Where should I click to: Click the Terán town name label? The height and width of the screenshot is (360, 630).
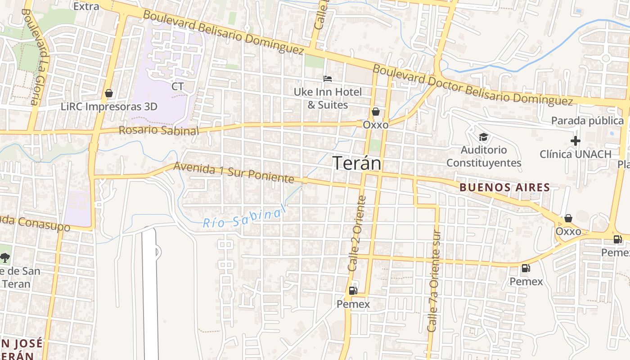tap(357, 163)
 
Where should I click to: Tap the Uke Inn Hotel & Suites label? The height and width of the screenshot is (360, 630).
tap(328, 99)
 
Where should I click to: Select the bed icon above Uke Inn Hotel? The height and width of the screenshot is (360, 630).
tap(328, 79)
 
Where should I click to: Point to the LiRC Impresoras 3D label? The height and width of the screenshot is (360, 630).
tap(109, 107)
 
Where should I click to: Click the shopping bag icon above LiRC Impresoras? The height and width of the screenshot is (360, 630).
tap(108, 93)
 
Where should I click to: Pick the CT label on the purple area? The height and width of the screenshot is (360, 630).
tap(178, 86)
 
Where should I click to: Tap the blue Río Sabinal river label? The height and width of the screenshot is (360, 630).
tap(244, 217)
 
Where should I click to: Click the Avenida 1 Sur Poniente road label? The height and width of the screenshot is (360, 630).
tap(234, 172)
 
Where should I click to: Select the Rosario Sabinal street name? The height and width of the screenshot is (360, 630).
tap(158, 130)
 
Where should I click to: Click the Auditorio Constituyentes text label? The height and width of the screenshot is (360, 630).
tap(484, 156)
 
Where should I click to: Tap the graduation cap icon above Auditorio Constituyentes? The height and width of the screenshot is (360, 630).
tap(483, 137)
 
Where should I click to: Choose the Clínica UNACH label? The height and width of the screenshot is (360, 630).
tap(576, 154)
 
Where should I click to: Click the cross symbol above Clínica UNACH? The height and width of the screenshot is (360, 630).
tap(575, 141)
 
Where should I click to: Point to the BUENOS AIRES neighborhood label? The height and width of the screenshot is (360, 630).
tap(504, 187)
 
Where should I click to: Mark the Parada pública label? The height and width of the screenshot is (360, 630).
tap(587, 121)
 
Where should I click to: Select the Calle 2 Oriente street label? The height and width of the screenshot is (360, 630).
tap(358, 233)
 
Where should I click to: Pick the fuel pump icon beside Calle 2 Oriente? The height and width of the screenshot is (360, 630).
tap(353, 291)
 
